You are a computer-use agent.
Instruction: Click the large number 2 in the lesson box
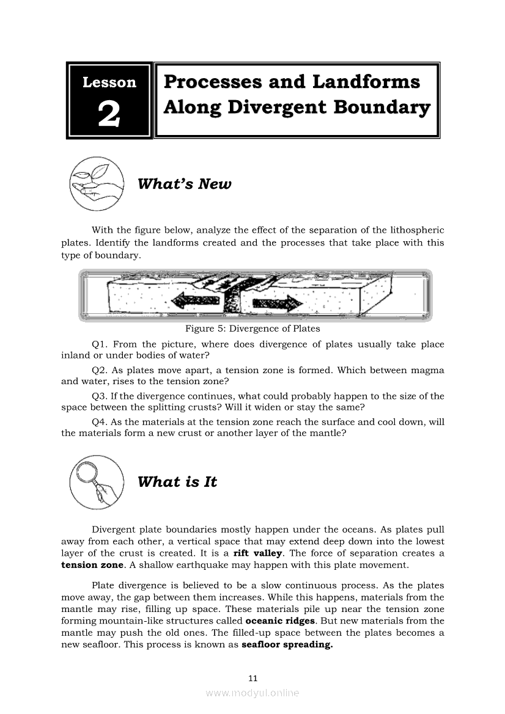[x=109, y=113]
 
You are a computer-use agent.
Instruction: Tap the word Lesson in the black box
[x=109, y=82]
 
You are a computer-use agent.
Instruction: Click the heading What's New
[x=185, y=184]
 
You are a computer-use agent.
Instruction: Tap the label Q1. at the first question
[x=100, y=344]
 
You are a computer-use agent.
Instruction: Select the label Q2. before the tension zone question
[x=100, y=371]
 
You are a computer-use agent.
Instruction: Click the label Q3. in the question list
[x=100, y=396]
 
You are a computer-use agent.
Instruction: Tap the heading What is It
[x=177, y=482]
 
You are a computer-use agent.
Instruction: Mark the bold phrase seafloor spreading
[x=287, y=644]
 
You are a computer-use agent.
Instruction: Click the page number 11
[x=253, y=678]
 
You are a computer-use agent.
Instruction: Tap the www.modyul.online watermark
[x=253, y=693]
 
